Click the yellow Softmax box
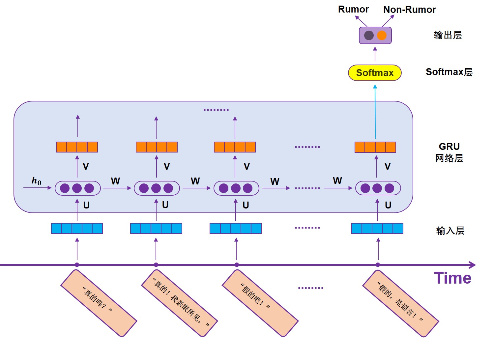[x=375, y=73]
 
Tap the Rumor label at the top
[x=353, y=10]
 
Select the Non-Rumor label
[x=409, y=10]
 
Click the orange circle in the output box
[x=382, y=35]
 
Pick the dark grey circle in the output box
[x=369, y=35]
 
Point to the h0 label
[x=36, y=181]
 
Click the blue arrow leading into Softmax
[x=375, y=112]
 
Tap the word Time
[x=452, y=278]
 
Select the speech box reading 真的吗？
[x=99, y=303]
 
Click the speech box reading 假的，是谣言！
[x=400, y=303]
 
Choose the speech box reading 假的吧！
[x=260, y=303]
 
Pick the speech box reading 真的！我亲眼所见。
[x=180, y=303]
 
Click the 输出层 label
[x=448, y=35]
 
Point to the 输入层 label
[x=450, y=231]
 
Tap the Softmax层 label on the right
[x=449, y=72]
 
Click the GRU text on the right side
[x=449, y=147]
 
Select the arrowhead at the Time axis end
[x=473, y=265]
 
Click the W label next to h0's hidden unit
[x=115, y=181]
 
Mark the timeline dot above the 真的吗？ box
[x=77, y=265]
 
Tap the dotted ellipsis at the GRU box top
[x=216, y=110]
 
